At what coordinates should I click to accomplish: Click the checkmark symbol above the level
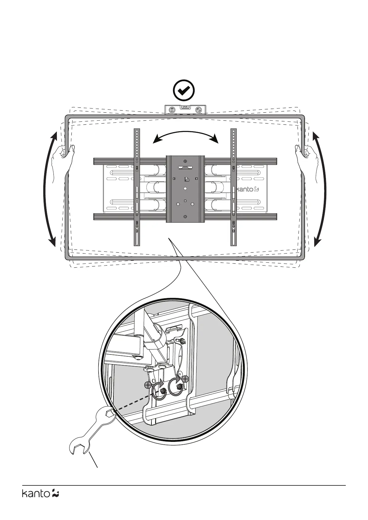(184, 90)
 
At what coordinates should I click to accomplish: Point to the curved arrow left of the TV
(49, 189)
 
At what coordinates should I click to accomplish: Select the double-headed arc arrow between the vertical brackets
(186, 136)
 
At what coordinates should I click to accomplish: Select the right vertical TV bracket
(234, 187)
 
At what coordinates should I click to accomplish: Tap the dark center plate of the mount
(185, 189)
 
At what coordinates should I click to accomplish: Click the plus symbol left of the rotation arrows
(148, 385)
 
